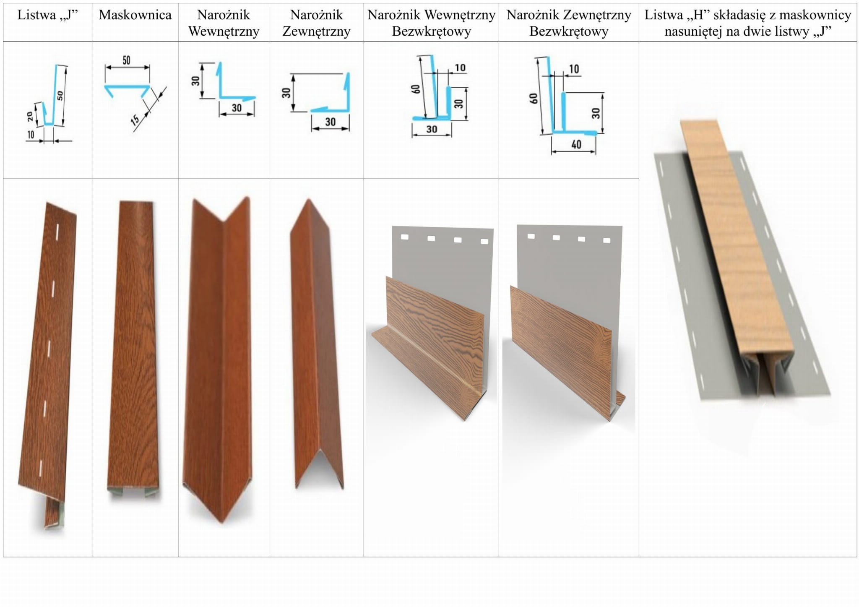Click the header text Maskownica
135,15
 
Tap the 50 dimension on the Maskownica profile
127,60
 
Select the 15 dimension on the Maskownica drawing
135,120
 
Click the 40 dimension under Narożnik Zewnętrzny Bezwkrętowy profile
576,145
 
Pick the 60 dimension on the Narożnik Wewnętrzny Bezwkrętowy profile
416,89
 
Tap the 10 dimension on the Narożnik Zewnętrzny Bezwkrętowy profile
574,69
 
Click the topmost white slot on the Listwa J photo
57,230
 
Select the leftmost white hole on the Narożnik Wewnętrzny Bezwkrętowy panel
404,237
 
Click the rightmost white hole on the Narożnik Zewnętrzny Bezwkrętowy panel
607,240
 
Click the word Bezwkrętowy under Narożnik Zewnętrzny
569,31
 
